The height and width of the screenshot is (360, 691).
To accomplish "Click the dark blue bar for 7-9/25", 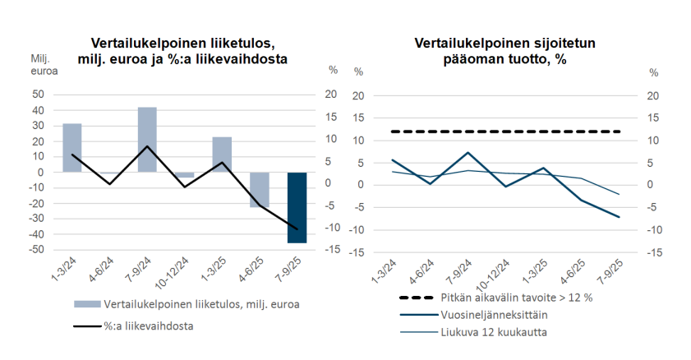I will tap(297, 207).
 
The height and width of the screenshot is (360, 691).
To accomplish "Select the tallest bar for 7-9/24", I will tap(147, 140).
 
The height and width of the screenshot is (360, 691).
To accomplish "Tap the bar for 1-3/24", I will tap(72, 148).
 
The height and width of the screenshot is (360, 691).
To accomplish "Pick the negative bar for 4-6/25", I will tap(260, 190).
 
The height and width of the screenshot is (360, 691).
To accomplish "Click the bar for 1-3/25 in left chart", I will tap(222, 155).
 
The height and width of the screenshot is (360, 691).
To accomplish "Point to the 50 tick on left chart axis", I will tap(38, 95).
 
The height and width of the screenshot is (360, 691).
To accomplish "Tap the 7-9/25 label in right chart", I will tap(609, 272).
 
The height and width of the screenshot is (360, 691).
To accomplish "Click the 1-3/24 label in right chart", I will tap(384, 272).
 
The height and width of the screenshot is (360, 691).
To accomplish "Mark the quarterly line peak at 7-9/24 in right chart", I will tap(467, 152).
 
